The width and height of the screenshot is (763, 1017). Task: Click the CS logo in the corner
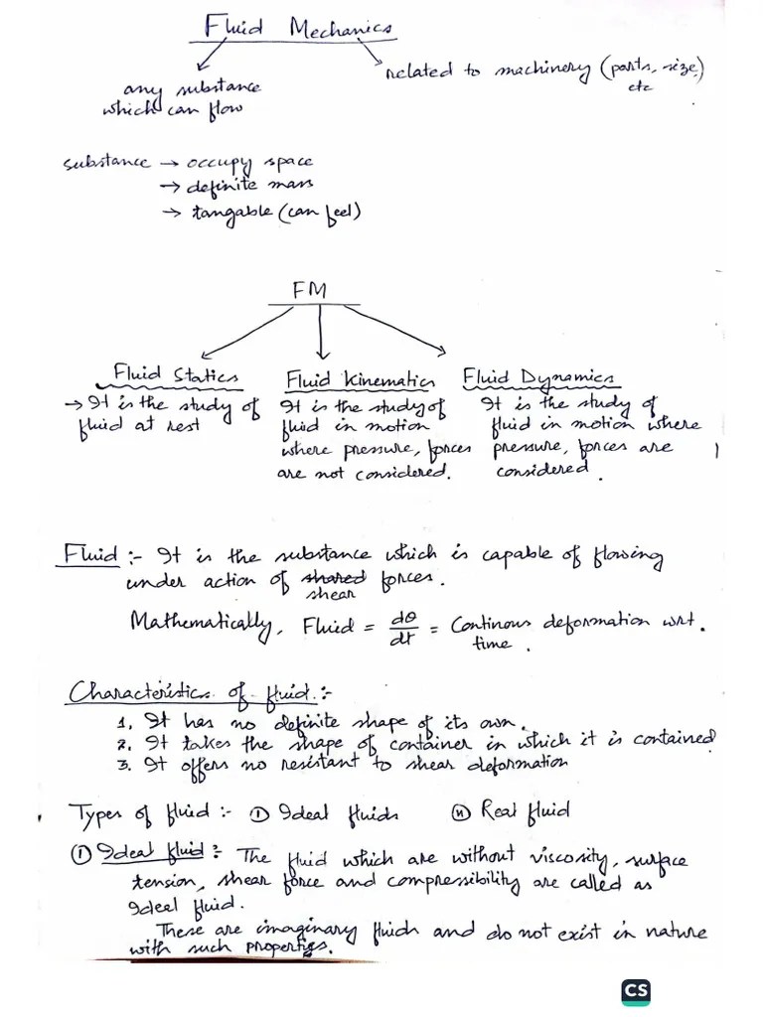point(635,991)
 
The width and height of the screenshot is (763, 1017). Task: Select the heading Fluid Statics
point(176,375)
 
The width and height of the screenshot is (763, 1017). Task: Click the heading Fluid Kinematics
point(360,379)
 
